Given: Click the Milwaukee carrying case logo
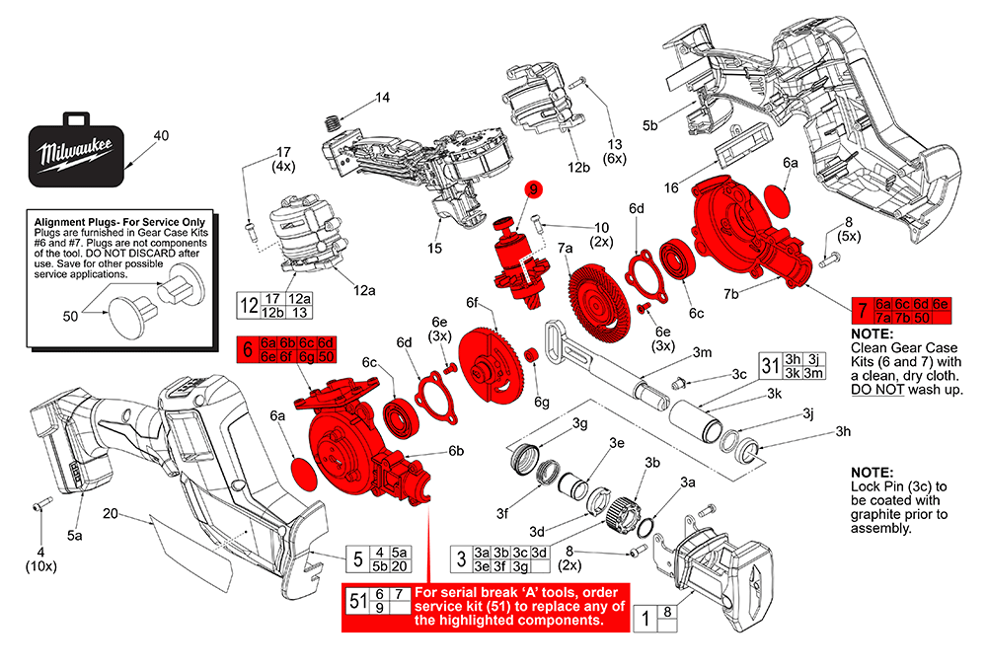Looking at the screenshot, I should click(76, 154).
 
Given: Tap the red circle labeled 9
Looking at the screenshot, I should click(532, 189).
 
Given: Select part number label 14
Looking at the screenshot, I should click(382, 98).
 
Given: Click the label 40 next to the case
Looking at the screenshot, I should click(162, 135).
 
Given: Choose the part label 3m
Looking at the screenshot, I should click(703, 352).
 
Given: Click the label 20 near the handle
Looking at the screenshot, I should click(111, 513).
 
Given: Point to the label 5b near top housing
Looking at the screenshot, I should click(650, 125).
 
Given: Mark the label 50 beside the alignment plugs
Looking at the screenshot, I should click(69, 315).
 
